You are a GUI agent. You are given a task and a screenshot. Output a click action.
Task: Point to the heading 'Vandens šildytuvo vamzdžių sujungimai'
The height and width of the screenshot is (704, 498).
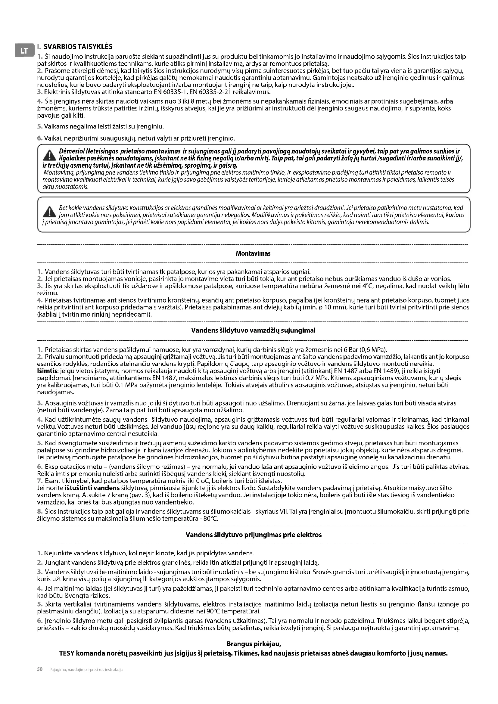coord(253,330)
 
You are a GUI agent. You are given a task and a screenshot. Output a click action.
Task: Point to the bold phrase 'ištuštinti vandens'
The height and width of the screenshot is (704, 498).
coord(92,488)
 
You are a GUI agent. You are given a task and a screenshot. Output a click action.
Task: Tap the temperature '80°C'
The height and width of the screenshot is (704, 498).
coord(211,519)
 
